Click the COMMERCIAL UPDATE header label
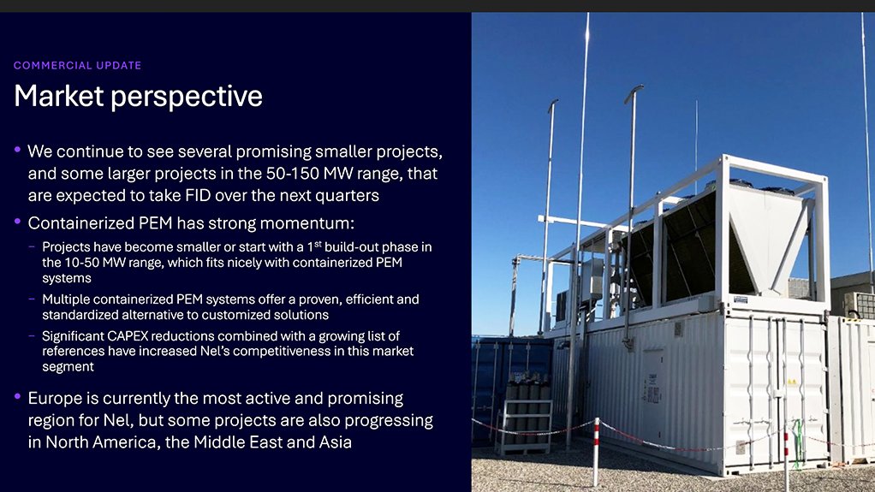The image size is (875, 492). (x=77, y=66)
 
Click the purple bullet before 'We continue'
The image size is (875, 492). (x=17, y=151)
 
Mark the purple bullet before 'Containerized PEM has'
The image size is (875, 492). (x=17, y=222)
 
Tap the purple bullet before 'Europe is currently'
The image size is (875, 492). (x=17, y=398)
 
